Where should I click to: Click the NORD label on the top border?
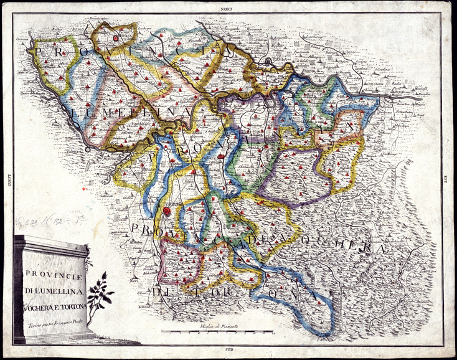pos(228,7)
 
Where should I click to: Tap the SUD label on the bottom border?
pos(228,353)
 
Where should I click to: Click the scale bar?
pos(218,331)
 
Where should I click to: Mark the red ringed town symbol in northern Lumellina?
pos(116,37)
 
